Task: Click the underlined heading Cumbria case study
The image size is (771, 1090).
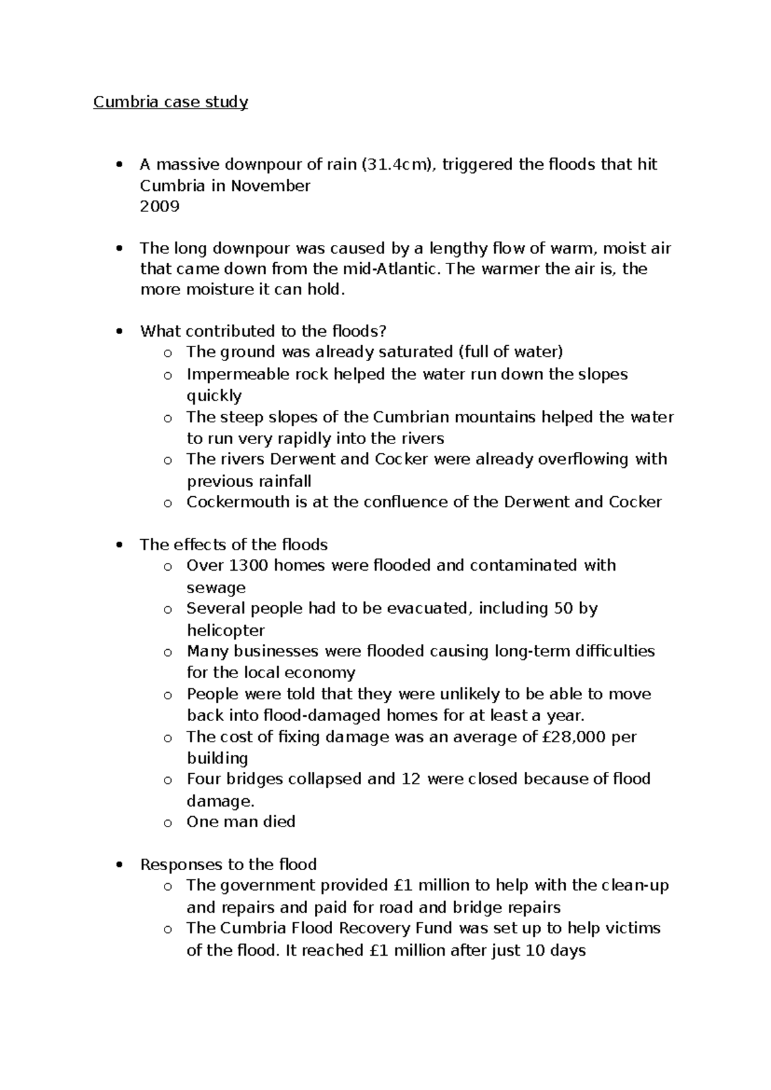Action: (170, 102)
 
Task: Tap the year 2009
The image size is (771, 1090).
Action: (159, 206)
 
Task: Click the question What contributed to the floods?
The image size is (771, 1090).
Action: (263, 331)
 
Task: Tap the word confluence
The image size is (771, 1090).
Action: (406, 502)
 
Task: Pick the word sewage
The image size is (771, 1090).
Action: (216, 588)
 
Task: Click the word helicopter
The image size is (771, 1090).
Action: (226, 630)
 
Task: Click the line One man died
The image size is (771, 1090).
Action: (241, 821)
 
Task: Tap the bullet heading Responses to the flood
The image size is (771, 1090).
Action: (229, 864)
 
